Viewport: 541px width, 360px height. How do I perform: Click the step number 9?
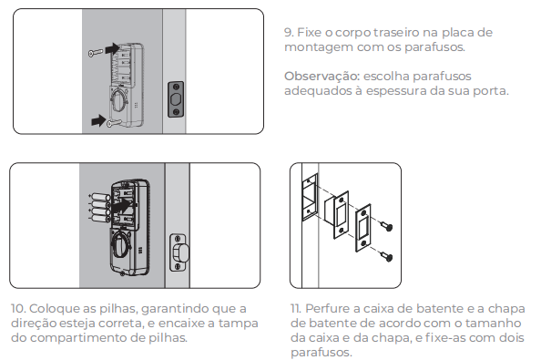click(289, 33)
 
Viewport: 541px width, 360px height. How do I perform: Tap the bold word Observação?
click(322, 76)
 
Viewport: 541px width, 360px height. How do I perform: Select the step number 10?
click(18, 308)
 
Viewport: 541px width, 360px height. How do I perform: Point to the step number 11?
click(296, 308)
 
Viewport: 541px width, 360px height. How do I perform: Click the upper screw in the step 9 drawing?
click(96, 53)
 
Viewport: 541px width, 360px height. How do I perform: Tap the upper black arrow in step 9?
click(112, 48)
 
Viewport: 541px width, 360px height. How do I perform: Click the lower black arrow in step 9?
click(98, 120)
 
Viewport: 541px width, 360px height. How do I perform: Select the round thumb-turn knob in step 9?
click(119, 99)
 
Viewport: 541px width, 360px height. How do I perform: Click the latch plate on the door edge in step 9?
click(176, 99)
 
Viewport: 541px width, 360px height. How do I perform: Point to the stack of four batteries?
click(100, 208)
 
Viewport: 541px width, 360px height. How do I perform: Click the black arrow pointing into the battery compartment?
click(123, 207)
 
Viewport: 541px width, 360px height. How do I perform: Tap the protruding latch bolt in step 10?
click(181, 252)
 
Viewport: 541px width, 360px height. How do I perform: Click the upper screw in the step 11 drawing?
click(386, 226)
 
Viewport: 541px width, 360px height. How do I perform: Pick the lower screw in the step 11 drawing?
click(386, 256)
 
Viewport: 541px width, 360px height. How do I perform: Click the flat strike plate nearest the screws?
click(363, 228)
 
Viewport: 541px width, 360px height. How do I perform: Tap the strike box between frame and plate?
click(337, 214)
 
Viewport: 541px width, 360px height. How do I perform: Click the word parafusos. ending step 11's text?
click(322, 353)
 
